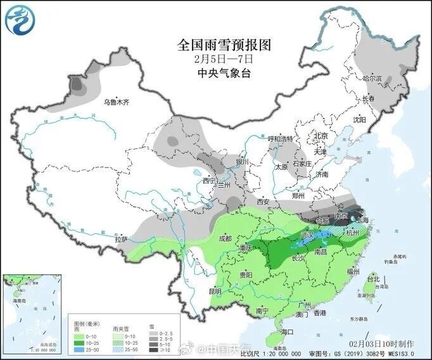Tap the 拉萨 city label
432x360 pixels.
click(121, 239)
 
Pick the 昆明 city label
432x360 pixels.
click(215, 292)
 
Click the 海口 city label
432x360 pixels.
click(288, 331)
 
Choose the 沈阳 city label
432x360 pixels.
click(359, 119)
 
